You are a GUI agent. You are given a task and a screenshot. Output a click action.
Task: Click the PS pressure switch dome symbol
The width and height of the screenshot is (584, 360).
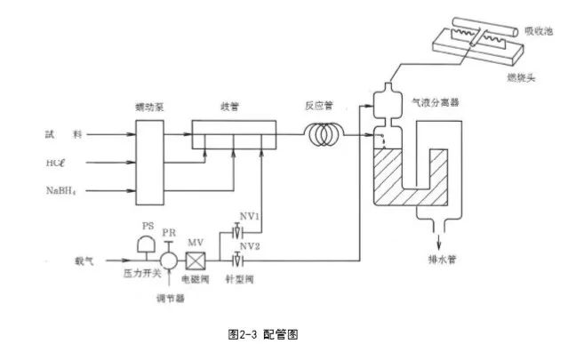tap(148, 244)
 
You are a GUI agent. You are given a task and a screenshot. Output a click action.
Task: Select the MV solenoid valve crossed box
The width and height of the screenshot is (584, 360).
tap(196, 261)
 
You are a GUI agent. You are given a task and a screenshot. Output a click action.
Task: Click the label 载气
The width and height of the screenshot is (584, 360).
tap(84, 261)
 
